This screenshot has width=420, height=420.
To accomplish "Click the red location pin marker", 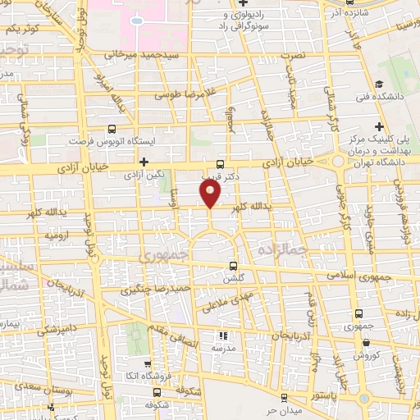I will click(211, 193).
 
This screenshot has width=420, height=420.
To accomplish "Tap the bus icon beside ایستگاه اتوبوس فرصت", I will click(112, 129).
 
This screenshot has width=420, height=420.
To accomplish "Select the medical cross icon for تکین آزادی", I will click(144, 162).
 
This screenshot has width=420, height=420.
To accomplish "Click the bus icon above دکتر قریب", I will click(219, 163).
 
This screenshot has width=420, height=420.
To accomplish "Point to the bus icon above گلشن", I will click(234, 266).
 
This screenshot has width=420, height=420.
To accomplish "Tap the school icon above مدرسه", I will click(221, 336).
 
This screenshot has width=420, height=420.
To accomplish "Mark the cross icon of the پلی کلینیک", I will click(379, 126).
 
